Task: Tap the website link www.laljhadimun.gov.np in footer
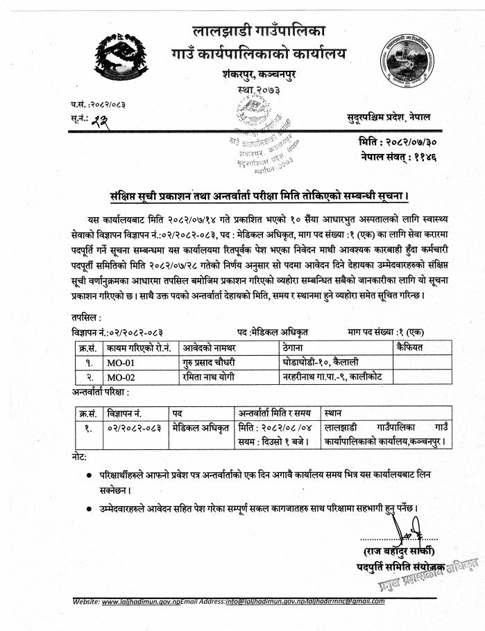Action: click(141, 601)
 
